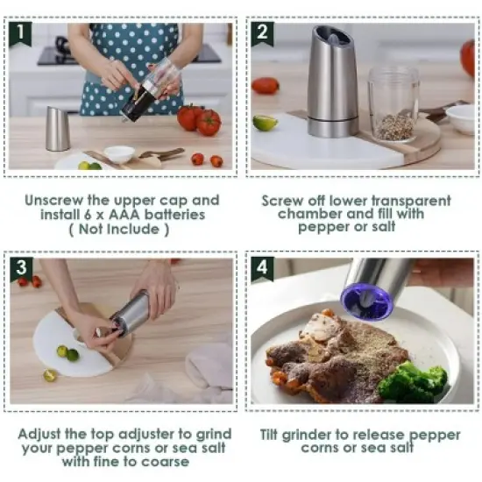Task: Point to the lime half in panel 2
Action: (266, 123)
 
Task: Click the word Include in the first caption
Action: (128, 230)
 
